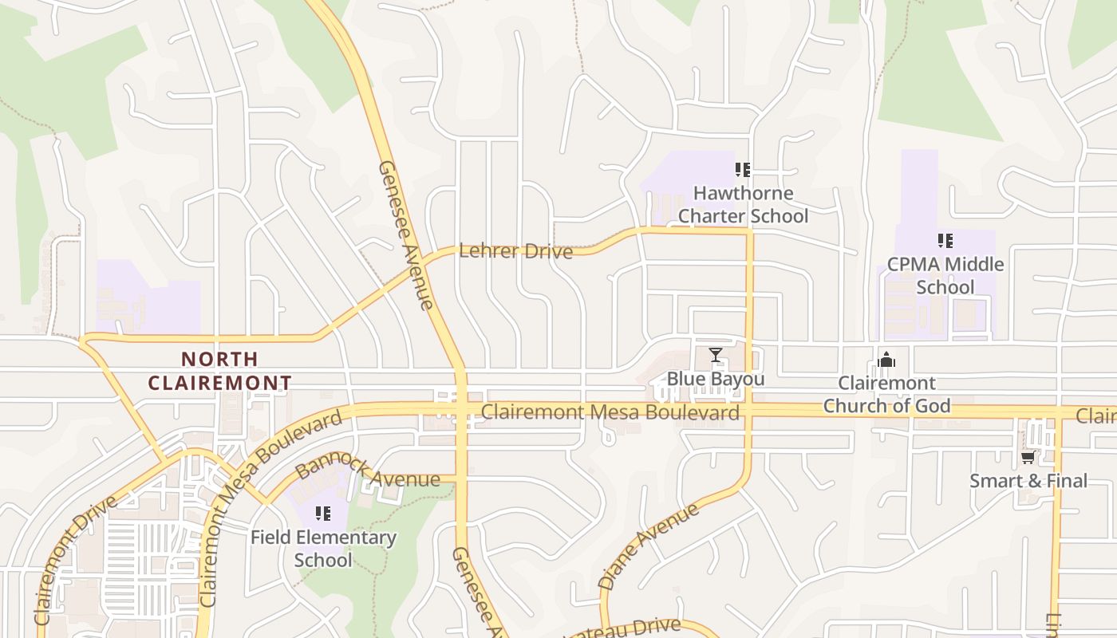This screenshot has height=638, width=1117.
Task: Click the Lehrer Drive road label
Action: tap(515, 252)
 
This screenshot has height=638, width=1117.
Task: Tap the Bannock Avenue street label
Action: tap(367, 471)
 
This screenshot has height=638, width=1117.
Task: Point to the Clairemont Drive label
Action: tap(75, 560)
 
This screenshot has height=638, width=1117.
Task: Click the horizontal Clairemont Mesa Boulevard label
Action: tap(610, 412)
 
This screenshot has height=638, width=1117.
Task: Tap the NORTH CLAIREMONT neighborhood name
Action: tap(219, 372)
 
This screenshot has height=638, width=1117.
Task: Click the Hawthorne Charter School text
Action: tap(743, 205)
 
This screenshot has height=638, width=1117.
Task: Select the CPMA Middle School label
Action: tap(945, 275)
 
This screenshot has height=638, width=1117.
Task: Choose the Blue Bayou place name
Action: tap(715, 379)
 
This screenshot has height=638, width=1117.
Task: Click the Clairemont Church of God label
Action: tap(886, 395)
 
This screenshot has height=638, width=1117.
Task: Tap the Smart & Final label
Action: tap(1028, 481)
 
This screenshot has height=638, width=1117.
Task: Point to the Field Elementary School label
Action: tap(323, 549)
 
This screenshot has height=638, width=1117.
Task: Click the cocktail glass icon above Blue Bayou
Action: tap(716, 355)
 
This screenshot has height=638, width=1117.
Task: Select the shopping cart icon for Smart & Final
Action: tap(1028, 458)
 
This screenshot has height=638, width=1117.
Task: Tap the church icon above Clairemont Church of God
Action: tap(886, 360)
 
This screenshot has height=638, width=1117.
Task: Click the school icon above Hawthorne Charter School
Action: tap(743, 170)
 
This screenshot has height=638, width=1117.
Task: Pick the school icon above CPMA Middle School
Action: tap(945, 241)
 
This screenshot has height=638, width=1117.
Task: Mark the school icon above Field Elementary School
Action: tap(323, 514)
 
